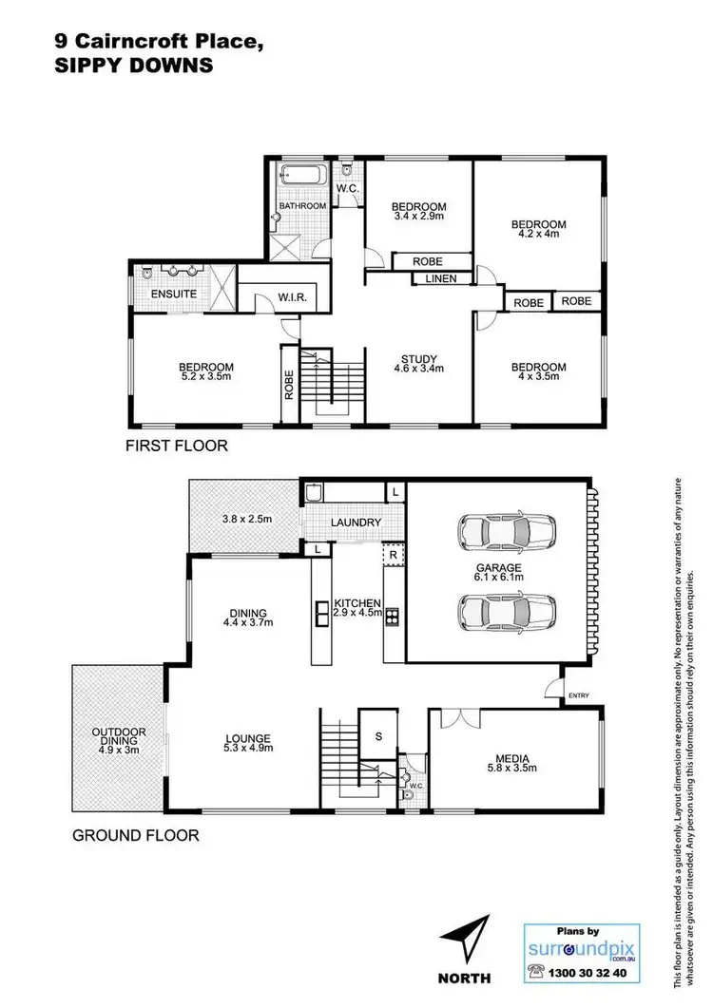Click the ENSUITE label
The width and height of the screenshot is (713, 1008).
point(174,295)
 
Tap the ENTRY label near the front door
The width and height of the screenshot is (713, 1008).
point(578,696)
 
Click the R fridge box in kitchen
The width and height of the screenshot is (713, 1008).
point(391,552)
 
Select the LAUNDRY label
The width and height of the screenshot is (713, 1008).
point(356,523)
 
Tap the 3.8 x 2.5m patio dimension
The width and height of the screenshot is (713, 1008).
point(247,519)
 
